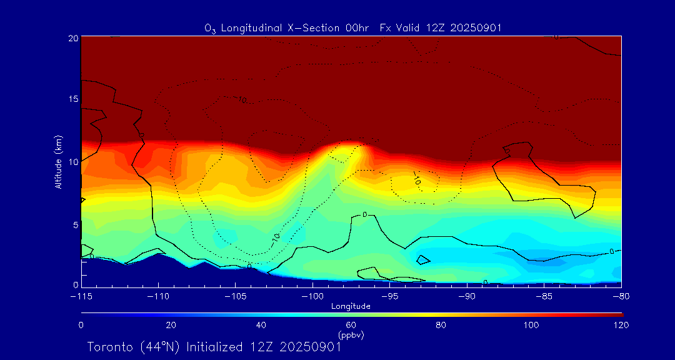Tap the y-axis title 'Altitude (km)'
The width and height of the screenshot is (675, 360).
tap(58, 162)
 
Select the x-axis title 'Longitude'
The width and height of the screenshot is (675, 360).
tap(351, 306)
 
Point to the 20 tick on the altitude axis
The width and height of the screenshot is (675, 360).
tap(73, 37)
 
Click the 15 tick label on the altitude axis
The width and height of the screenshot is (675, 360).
tap(73, 99)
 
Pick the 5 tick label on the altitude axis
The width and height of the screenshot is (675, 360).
tap(76, 224)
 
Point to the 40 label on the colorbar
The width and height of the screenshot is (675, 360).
tap(261, 325)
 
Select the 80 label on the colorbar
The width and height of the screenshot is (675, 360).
tap(441, 325)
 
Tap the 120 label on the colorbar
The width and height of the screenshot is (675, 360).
tap(620, 325)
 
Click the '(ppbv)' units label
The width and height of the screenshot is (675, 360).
tap(351, 335)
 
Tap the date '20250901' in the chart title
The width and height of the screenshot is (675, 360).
tap(477, 27)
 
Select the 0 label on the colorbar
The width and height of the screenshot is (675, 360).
tap(81, 325)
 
